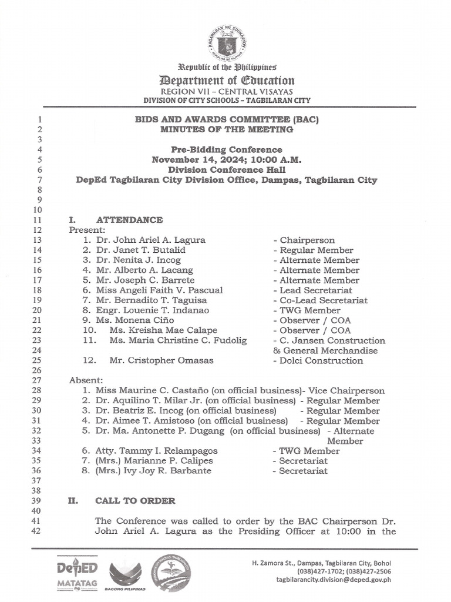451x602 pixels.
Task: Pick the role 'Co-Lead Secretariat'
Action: pyautogui.click(x=321, y=300)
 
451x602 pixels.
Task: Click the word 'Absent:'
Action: pyautogui.click(x=86, y=380)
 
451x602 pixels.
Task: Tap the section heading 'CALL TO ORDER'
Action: pyautogui.click(x=135, y=501)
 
